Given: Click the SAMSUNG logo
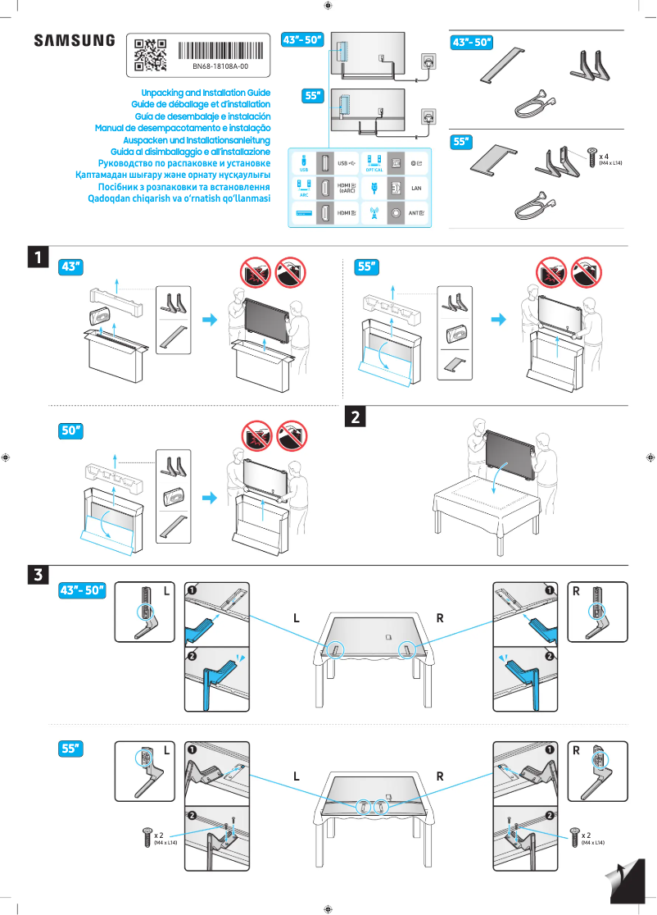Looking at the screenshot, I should [74, 40].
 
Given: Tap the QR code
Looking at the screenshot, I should [150, 53].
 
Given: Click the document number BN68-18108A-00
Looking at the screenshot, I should [220, 66].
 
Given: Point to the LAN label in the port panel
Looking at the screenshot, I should [415, 189].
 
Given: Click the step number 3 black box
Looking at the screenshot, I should [37, 575].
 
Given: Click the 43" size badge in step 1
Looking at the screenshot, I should [73, 266].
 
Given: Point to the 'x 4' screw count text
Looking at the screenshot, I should [604, 155].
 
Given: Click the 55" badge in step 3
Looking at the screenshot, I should [73, 749].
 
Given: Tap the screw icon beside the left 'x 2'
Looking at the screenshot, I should [147, 837].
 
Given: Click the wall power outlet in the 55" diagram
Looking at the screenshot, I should [428, 116].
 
